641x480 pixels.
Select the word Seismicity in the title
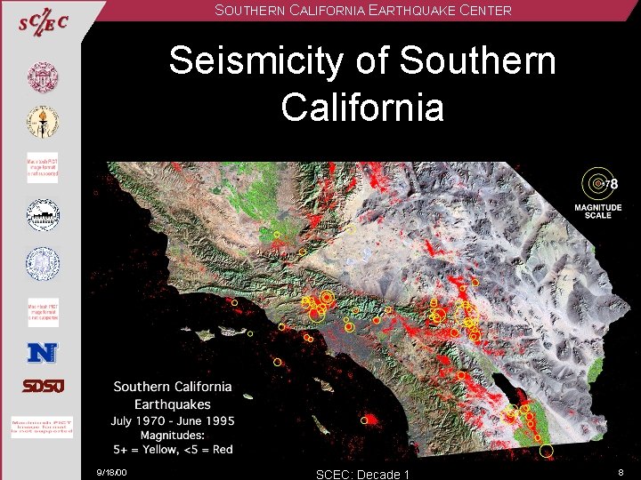click(247, 61)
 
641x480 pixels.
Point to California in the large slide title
click(361, 107)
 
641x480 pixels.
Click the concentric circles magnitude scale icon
click(596, 184)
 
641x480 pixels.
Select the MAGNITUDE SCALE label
click(598, 212)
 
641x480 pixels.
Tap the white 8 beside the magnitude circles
click(613, 184)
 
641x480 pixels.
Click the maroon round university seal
click(42, 79)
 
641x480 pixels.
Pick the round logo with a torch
click(42, 124)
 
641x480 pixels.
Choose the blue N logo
click(42, 353)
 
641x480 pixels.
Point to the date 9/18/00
click(113, 472)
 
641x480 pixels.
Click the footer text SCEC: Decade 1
click(362, 474)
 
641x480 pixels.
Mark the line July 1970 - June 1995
click(173, 420)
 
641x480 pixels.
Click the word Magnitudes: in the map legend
click(173, 435)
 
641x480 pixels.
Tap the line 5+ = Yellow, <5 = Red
click(173, 449)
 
